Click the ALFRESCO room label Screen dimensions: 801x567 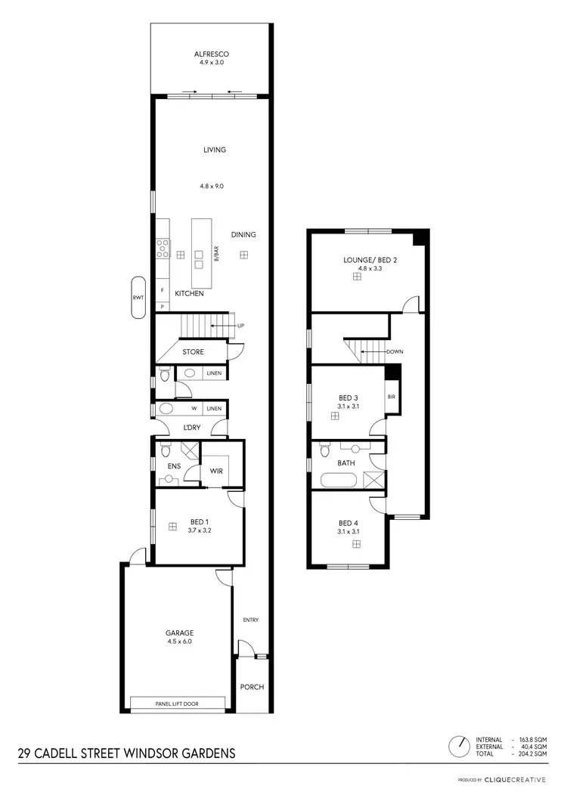[211, 54]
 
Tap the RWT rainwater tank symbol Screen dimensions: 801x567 [138, 298]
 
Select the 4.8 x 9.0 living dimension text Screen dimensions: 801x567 [212, 186]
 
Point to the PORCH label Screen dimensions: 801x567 [252, 687]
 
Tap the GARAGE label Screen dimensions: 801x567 [180, 632]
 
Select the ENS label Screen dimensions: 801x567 [173, 466]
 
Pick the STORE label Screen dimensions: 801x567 [193, 351]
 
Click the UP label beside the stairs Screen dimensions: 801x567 [241, 326]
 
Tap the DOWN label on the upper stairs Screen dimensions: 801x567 [395, 352]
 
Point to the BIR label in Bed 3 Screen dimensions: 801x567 [392, 396]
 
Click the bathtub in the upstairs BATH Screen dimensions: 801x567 [338, 480]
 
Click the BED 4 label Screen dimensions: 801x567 [348, 523]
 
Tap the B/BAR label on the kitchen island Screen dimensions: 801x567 [216, 253]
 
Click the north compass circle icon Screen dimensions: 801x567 [459, 747]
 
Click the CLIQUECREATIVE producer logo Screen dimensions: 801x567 [515, 779]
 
